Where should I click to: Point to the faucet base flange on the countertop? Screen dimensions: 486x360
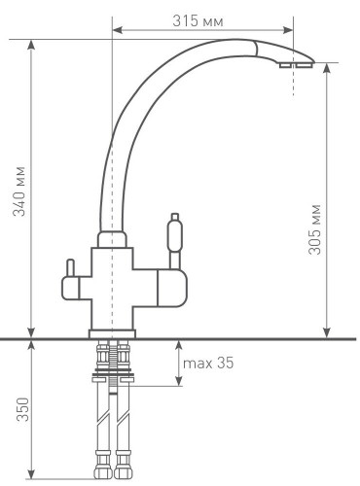(113, 333)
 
